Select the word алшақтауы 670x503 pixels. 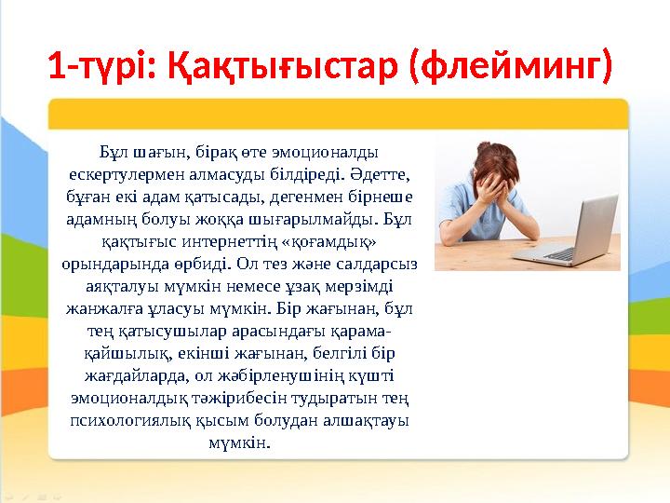tap(370, 420)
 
